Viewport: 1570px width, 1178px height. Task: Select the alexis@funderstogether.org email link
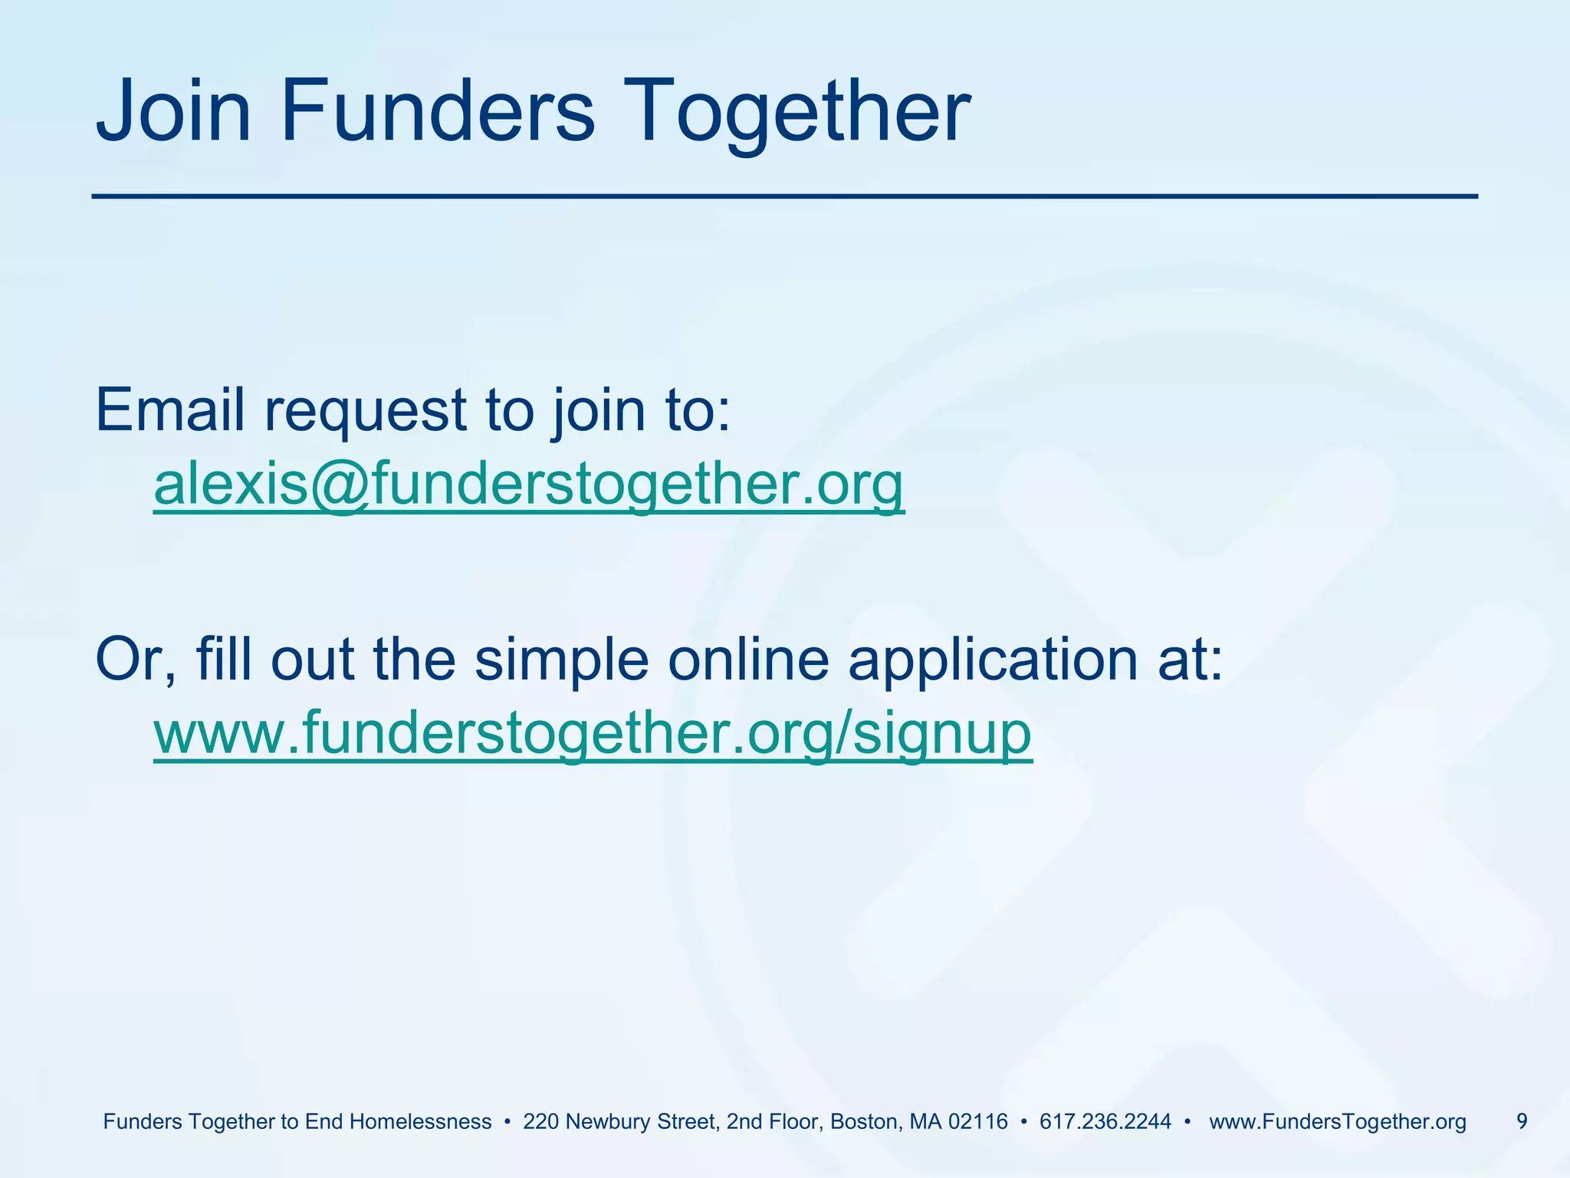tap(529, 484)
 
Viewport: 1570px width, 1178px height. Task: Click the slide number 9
tap(1522, 1121)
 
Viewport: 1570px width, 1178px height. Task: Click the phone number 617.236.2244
tap(1105, 1122)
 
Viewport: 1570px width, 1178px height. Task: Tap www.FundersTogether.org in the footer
tap(1337, 1122)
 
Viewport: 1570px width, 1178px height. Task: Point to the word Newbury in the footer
tap(600, 1122)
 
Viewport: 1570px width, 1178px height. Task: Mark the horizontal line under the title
tap(784, 197)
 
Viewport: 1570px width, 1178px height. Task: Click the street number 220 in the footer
tap(540, 1122)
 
